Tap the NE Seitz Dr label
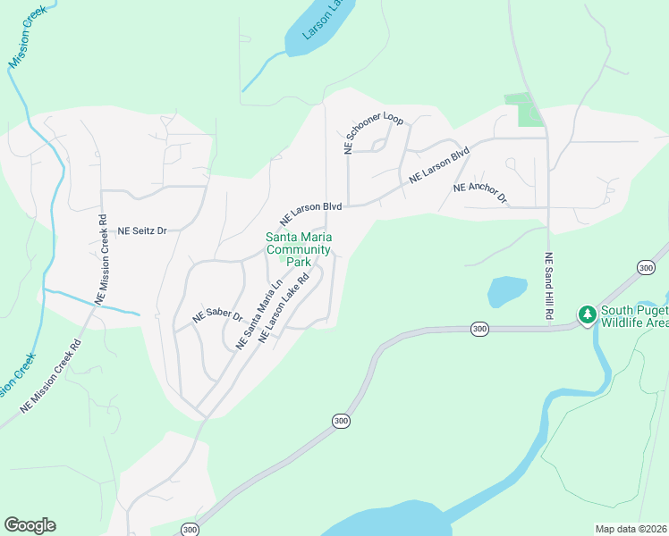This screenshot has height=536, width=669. tap(143, 230)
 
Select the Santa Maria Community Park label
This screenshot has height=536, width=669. tap(299, 249)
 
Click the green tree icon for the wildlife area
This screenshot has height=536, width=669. tap(588, 314)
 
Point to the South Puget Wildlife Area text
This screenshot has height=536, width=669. tap(634, 317)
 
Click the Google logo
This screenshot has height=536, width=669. tap(30, 525)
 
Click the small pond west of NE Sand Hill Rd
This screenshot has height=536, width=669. tap(505, 291)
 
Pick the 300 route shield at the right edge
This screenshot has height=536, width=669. tap(646, 268)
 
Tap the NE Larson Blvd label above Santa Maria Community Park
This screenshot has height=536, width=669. tap(311, 213)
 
